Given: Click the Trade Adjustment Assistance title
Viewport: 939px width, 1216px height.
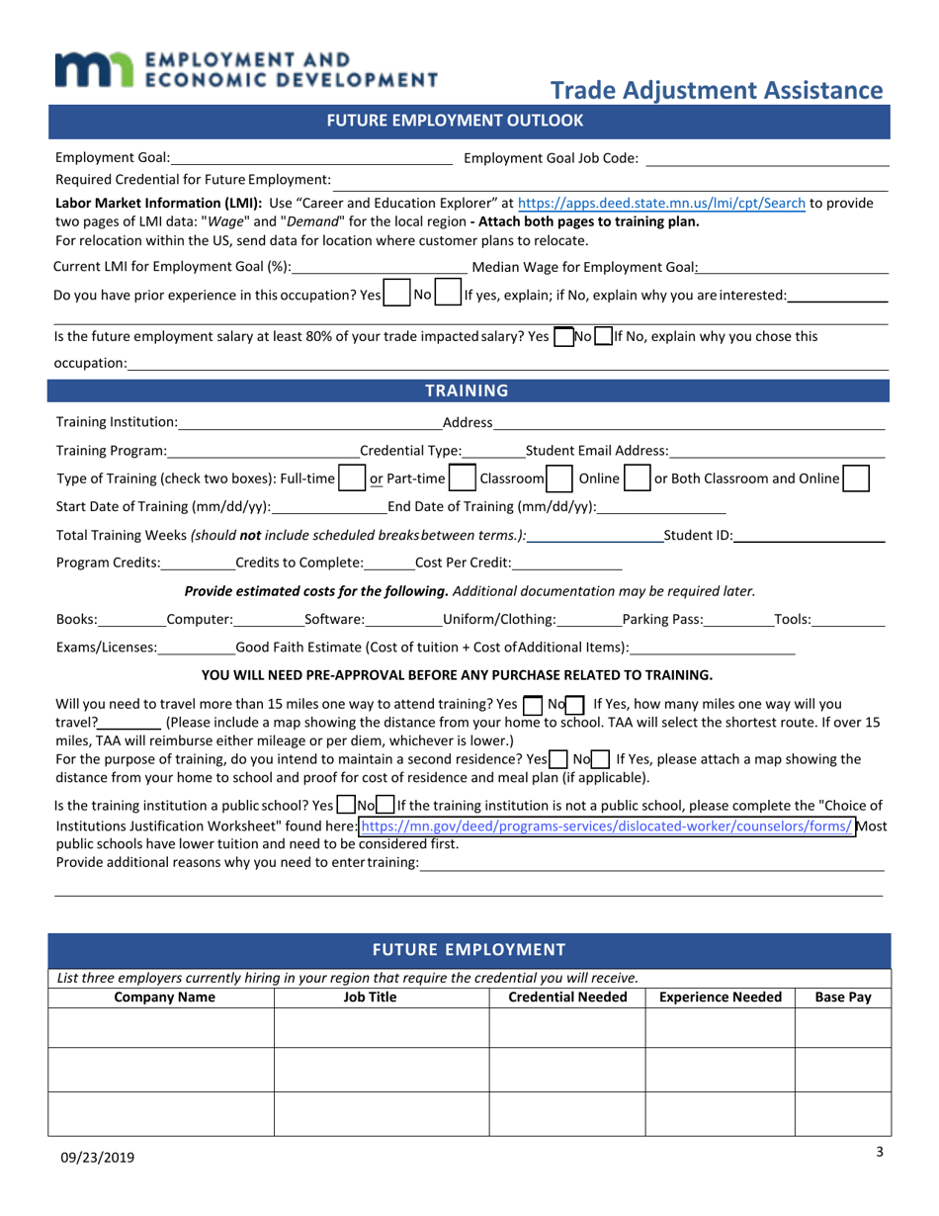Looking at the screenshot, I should tap(716, 91).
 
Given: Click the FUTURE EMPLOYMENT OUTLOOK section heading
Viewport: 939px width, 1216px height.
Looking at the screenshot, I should tap(469, 122).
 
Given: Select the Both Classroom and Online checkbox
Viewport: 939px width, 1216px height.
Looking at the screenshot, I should tap(857, 479).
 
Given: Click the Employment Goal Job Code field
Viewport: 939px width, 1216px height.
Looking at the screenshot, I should tap(767, 158).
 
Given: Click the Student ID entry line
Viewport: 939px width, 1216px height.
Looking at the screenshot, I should tap(810, 536).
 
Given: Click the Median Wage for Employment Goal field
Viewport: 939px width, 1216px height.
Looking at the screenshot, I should tap(793, 267).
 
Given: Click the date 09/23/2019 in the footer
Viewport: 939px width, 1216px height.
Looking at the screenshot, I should tap(96, 1158).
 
